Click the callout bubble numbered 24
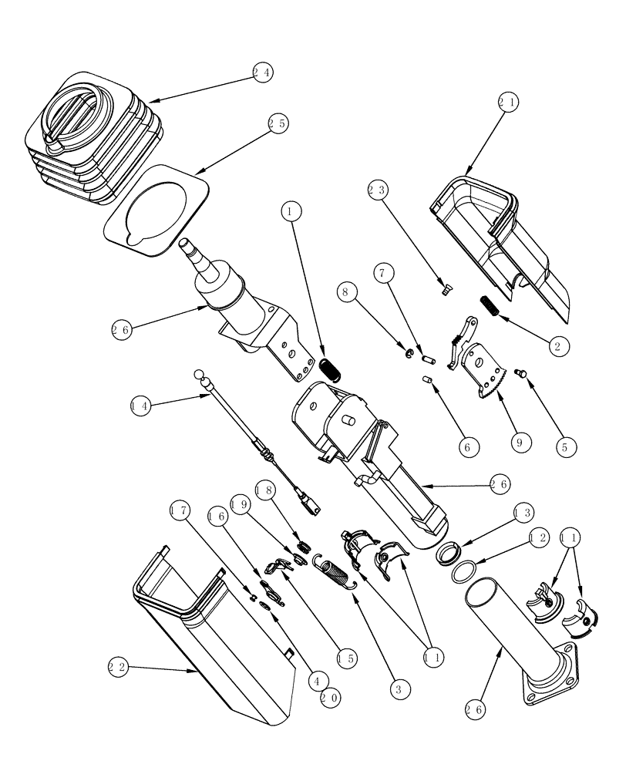261,72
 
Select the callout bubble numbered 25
278,123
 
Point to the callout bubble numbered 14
141,406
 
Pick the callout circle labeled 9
520,443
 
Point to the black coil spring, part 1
330,369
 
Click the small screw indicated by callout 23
445,290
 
